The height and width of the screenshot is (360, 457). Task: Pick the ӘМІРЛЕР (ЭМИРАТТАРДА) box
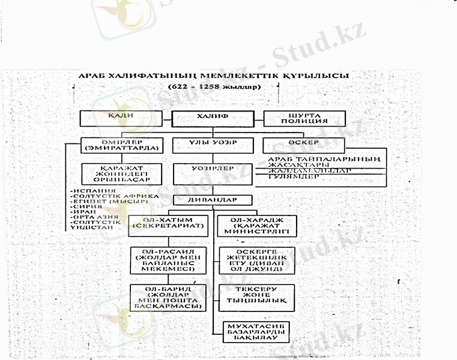point(122,145)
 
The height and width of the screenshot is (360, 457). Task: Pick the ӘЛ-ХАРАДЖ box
point(256,226)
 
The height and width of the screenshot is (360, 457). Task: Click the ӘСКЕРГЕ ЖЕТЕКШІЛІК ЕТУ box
point(256,259)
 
